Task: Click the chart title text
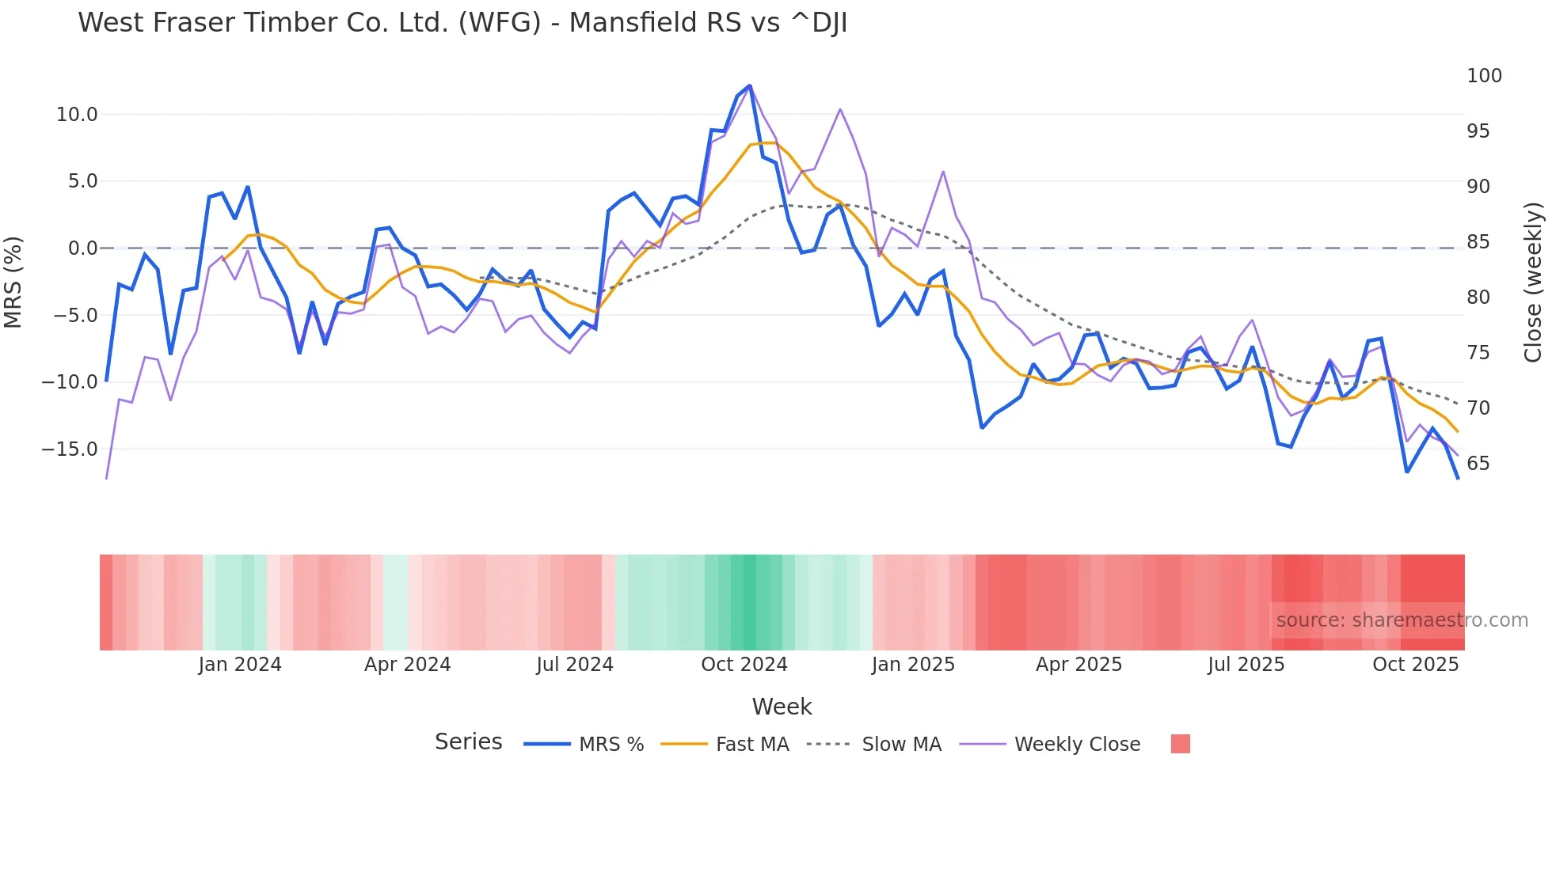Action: coord(462,23)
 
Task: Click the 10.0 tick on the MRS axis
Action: coord(77,115)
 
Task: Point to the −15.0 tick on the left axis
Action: coord(70,449)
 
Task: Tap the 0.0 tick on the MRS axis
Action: coord(82,248)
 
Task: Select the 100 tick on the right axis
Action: coord(1484,76)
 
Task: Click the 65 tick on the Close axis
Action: coord(1478,464)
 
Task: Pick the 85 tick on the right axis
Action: coord(1478,242)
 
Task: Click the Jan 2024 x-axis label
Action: coord(240,665)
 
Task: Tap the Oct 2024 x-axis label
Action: coord(744,665)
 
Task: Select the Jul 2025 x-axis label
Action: coord(1246,665)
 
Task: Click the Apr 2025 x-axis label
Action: coord(1078,665)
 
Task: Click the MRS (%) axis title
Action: coord(13,282)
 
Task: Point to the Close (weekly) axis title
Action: coord(1533,282)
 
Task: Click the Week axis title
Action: coord(782,707)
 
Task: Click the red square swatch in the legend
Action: coord(1180,744)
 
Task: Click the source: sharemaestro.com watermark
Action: coord(1402,620)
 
